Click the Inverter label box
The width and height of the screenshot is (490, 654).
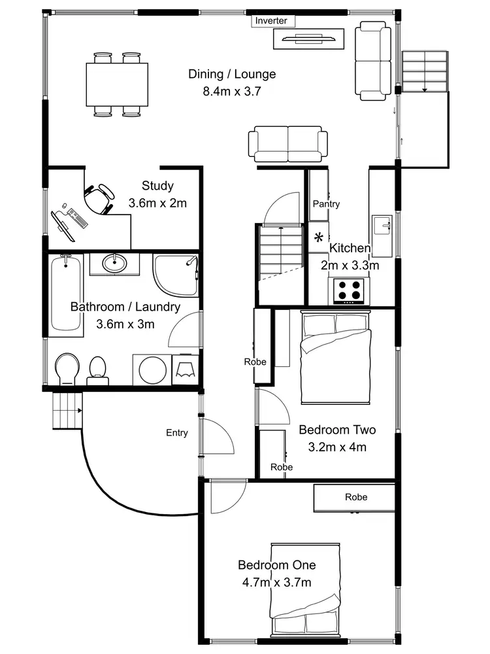271,21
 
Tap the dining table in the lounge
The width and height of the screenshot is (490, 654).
117,84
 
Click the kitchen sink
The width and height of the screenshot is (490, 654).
381,226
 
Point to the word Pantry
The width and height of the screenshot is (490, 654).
326,204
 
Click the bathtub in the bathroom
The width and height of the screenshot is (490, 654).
66,294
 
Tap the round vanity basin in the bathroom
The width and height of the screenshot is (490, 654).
114,264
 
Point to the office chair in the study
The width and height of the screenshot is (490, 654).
99,197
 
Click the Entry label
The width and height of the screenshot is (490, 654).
177,433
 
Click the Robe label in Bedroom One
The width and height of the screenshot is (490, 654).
356,497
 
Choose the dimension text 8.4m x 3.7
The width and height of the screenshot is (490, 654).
232,92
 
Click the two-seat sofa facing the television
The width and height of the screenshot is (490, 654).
287,144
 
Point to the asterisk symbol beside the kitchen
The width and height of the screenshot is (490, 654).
319,237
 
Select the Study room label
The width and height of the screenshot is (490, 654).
157,186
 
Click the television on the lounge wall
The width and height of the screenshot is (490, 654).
309,39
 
